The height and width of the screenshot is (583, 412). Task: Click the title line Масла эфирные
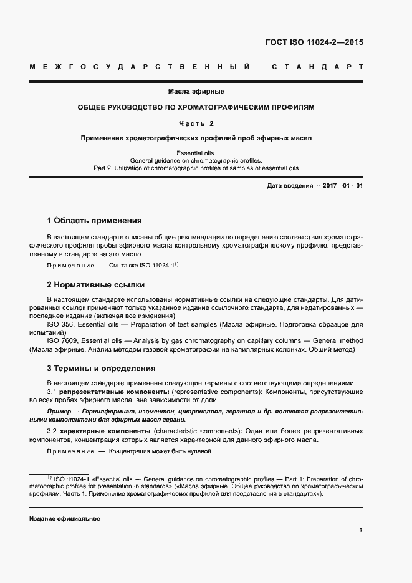point(196,92)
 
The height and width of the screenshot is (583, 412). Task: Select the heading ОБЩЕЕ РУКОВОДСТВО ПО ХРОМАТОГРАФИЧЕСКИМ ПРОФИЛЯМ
point(196,107)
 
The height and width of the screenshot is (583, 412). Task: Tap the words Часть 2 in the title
point(196,123)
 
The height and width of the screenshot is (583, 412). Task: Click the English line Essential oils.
point(196,152)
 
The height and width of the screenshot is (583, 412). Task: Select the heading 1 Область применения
point(95,221)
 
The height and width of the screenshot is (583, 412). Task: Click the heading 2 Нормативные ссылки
point(96,285)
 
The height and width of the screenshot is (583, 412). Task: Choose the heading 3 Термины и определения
point(102,369)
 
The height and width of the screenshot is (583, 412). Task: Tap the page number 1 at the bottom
point(361,530)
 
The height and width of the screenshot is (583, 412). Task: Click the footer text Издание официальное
point(65,519)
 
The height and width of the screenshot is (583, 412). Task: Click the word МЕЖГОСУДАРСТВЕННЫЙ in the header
point(140,66)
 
